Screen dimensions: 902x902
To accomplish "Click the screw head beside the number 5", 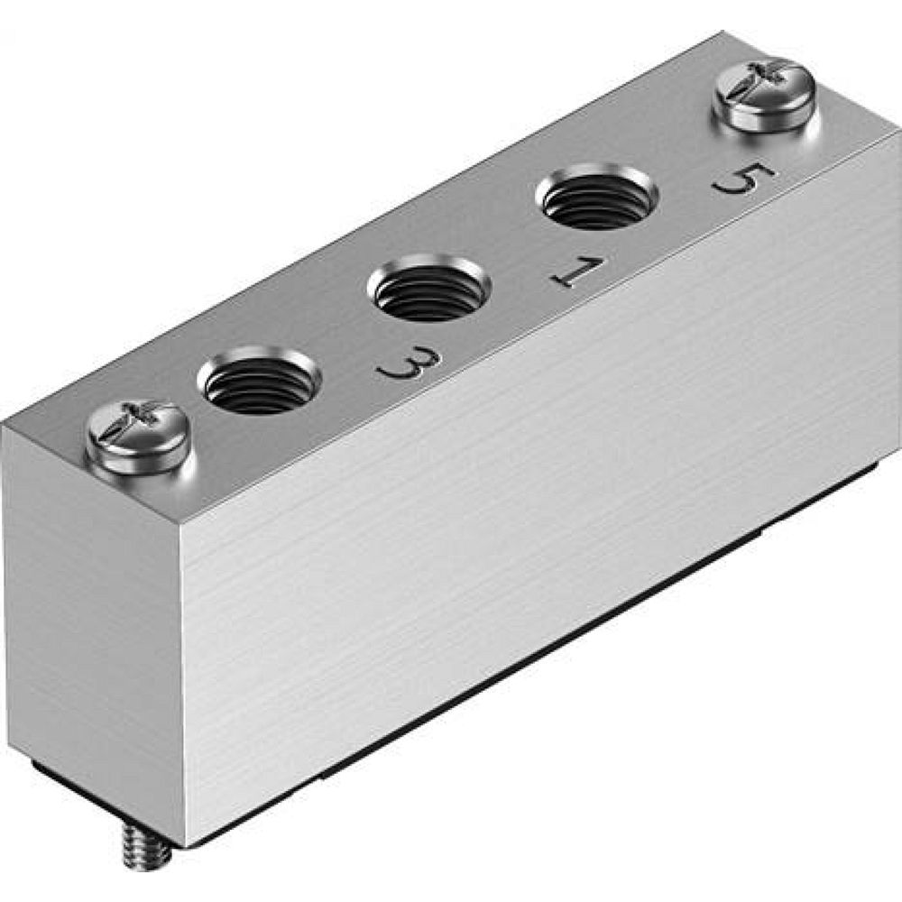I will tap(764, 93).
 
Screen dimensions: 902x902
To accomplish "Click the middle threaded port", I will tap(429, 289).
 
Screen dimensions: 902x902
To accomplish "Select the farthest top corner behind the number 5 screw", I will tap(722, 33).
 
